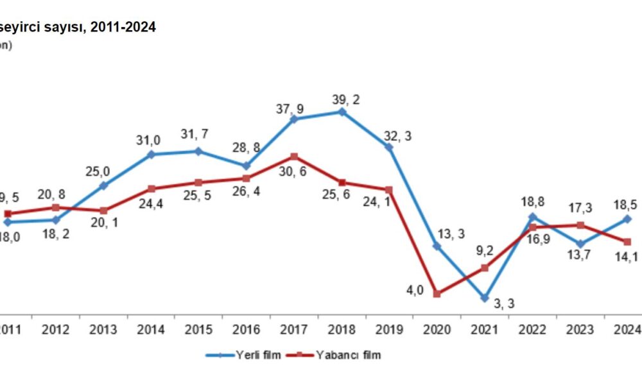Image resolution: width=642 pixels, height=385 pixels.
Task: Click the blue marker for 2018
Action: (x=342, y=112)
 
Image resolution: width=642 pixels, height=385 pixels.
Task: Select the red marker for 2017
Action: (x=294, y=157)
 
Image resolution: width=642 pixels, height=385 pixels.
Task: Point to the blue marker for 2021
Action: (x=485, y=298)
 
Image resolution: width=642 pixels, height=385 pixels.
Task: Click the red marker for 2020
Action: (x=437, y=294)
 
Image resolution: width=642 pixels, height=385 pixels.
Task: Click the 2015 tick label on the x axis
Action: (x=198, y=330)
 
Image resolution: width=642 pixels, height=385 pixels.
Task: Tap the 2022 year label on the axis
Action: (x=532, y=330)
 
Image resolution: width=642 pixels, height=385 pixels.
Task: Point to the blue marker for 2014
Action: (x=152, y=155)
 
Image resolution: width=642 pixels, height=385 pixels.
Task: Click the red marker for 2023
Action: (x=580, y=225)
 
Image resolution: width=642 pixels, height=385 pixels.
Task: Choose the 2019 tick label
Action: (x=389, y=330)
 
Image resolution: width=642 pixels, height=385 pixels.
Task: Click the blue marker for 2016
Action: (x=247, y=166)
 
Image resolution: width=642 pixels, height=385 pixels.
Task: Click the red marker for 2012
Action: (x=56, y=207)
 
